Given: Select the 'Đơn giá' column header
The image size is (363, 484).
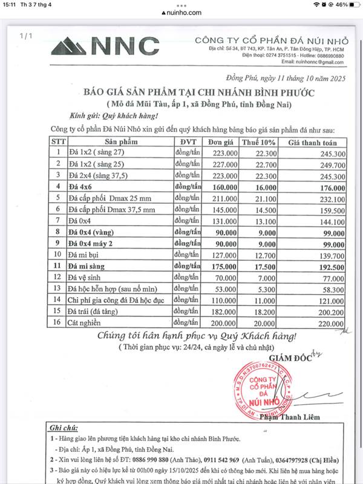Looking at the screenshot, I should coord(216,142).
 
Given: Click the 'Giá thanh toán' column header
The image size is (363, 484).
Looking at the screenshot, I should coord(312,142).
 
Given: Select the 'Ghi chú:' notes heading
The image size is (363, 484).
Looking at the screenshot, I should coord(65,427).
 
